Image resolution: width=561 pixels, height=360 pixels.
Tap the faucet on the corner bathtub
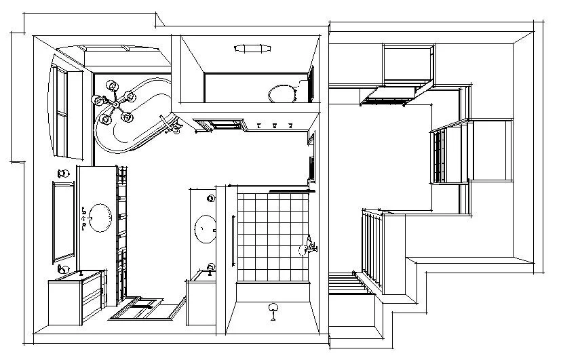170,124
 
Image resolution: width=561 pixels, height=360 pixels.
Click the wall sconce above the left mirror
63,173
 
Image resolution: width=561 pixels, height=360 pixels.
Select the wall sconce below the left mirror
63,270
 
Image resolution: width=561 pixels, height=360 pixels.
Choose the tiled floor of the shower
271,234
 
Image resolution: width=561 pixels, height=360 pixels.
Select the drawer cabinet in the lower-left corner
76,298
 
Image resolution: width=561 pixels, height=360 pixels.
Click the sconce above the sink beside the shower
211,198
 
